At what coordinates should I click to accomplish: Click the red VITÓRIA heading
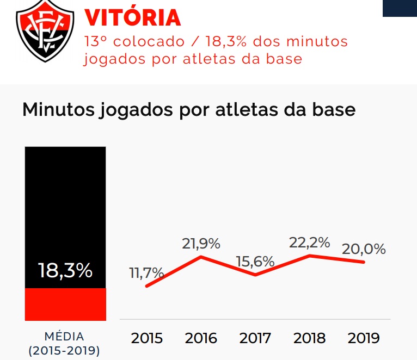(x=132, y=18)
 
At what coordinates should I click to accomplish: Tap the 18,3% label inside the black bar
(x=65, y=270)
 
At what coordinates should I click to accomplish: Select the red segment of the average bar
(x=65, y=304)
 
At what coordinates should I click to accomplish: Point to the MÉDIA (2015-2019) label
(x=64, y=343)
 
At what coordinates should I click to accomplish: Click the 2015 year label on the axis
(x=147, y=338)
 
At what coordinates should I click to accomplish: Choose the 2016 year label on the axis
(x=201, y=338)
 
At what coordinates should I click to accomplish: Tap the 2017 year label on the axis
(x=255, y=338)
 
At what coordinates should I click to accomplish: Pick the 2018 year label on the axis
(x=310, y=338)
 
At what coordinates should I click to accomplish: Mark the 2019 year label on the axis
(x=364, y=338)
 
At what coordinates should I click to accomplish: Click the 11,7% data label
(x=146, y=273)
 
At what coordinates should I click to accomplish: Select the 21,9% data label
(x=201, y=244)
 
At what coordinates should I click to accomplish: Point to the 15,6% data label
(x=255, y=261)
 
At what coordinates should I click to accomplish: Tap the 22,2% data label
(x=310, y=243)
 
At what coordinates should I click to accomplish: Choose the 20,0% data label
(x=364, y=249)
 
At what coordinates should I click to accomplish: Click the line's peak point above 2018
(x=310, y=255)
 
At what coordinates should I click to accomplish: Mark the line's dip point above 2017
(x=255, y=275)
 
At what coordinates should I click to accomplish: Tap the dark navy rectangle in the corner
(x=400, y=8)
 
